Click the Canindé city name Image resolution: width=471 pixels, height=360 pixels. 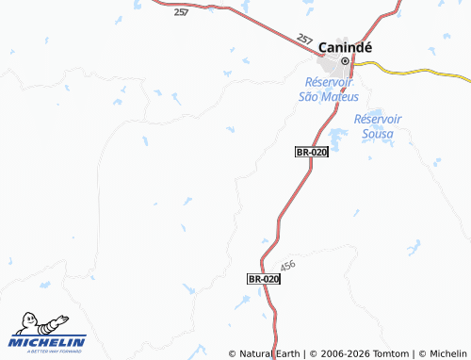tap(347, 45)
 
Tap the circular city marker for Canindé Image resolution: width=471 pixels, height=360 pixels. tap(345, 61)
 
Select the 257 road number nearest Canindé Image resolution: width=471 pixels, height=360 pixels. tap(304, 40)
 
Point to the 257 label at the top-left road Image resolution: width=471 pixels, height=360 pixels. tap(182, 12)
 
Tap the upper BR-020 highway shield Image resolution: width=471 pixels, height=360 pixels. tap(311, 152)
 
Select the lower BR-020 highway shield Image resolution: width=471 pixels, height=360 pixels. tap(264, 279)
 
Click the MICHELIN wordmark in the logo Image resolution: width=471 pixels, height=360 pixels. tap(49, 341)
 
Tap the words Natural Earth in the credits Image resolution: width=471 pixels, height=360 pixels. tap(269, 353)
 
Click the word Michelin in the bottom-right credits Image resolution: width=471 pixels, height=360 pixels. tap(447, 353)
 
